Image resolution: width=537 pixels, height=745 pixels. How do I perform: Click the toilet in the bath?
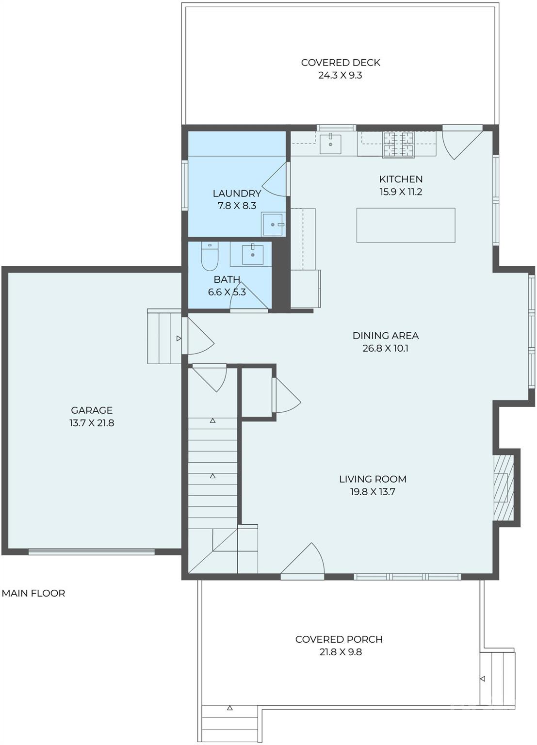click(210, 256)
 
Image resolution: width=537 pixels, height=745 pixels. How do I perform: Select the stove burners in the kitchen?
click(399, 145)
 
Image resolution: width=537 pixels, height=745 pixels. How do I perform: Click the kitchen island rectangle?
click(406, 226)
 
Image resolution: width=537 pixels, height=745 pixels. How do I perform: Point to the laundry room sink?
click(274, 224)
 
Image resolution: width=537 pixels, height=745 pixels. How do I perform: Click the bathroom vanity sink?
click(253, 255)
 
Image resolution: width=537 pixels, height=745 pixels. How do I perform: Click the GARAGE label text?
click(92, 410)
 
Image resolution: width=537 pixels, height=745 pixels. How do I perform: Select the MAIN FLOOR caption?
click(33, 593)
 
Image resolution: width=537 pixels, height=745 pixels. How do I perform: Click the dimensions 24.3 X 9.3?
click(340, 75)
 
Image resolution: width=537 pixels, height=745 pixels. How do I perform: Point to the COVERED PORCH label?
click(339, 639)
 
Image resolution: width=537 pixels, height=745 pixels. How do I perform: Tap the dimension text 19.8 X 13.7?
click(373, 491)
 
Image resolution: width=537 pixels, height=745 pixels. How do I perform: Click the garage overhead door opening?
click(92, 551)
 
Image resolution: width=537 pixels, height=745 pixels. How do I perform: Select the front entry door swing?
click(302, 559)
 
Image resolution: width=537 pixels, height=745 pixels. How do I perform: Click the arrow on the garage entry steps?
click(179, 338)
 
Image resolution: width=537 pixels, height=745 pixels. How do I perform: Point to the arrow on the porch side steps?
click(482, 679)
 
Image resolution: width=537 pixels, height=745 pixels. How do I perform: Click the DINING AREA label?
click(386, 336)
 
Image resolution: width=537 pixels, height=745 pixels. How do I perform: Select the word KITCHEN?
click(401, 179)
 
